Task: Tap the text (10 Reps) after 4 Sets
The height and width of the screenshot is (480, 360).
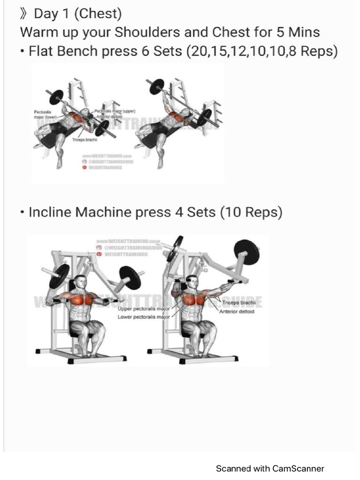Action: tap(251, 212)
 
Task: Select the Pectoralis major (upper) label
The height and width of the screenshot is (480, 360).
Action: tap(115, 111)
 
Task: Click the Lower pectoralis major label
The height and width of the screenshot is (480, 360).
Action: tap(143, 317)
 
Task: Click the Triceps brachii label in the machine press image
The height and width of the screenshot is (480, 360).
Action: tap(238, 303)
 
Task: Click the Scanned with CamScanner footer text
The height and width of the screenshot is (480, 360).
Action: tap(270, 468)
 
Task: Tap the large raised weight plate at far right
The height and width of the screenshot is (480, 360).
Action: tap(246, 252)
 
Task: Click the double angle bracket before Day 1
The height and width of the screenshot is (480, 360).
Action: tap(24, 14)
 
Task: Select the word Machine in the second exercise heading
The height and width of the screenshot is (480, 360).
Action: tap(104, 212)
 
